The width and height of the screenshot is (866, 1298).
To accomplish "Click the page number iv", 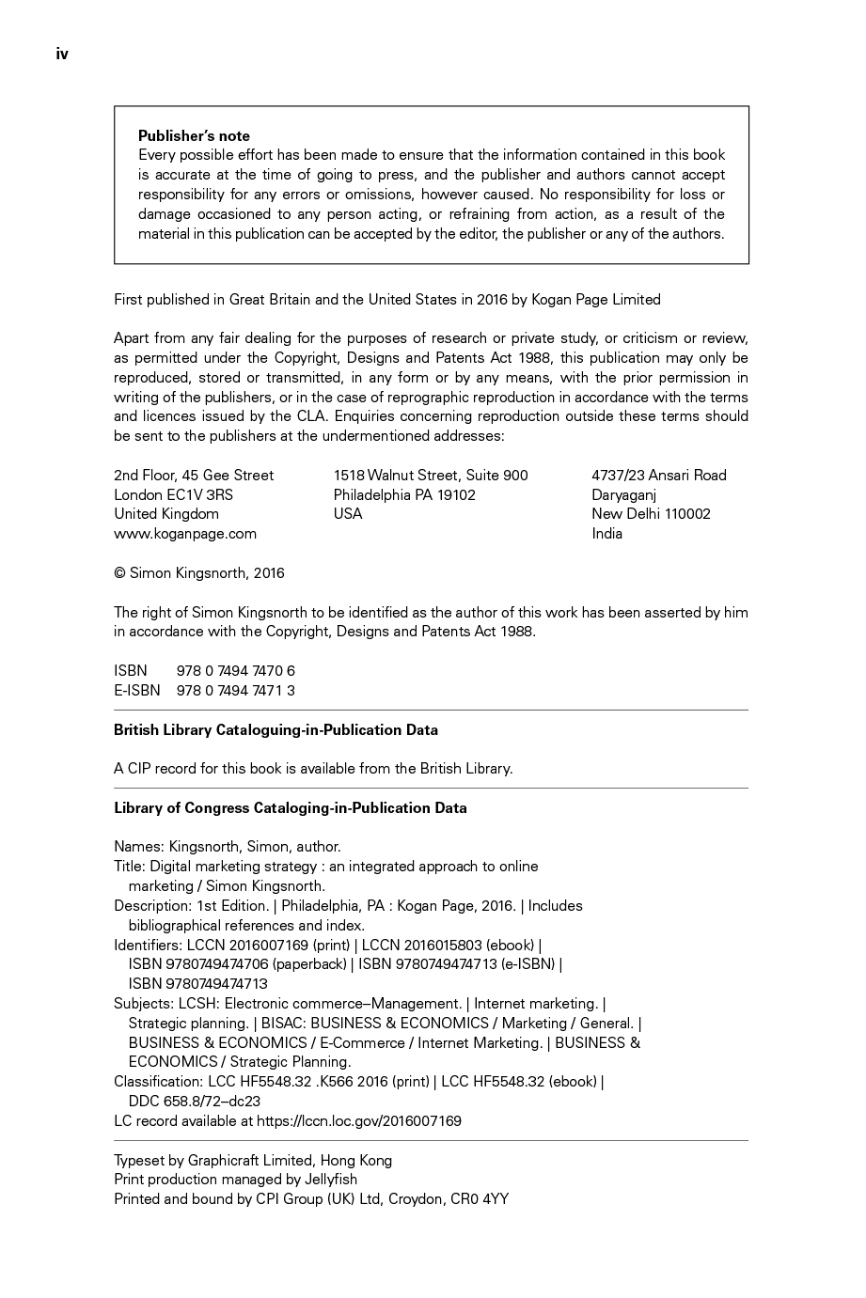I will (62, 55).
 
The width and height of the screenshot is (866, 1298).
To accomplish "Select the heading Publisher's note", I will (194, 135).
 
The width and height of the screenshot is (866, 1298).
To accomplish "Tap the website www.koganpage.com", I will (185, 533).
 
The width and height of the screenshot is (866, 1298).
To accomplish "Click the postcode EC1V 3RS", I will (200, 494).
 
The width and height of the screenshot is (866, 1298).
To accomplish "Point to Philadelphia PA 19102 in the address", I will (404, 494).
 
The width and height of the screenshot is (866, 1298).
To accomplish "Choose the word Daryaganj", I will (623, 494).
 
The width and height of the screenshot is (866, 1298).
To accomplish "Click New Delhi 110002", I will (651, 513).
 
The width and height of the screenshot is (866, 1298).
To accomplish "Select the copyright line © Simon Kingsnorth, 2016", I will (199, 572).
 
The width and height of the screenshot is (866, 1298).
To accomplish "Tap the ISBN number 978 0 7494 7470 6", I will (236, 670).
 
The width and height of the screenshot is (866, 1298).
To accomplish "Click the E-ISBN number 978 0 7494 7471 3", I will (236, 690).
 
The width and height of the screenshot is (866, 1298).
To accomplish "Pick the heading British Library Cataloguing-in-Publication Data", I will (276, 729).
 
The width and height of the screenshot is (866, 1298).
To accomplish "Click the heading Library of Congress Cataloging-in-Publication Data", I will (291, 807).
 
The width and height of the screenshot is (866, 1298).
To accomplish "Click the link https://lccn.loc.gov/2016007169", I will (359, 1120).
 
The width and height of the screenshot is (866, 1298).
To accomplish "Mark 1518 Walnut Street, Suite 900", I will (431, 475).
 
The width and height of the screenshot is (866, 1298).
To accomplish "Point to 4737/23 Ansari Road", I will (659, 475).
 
